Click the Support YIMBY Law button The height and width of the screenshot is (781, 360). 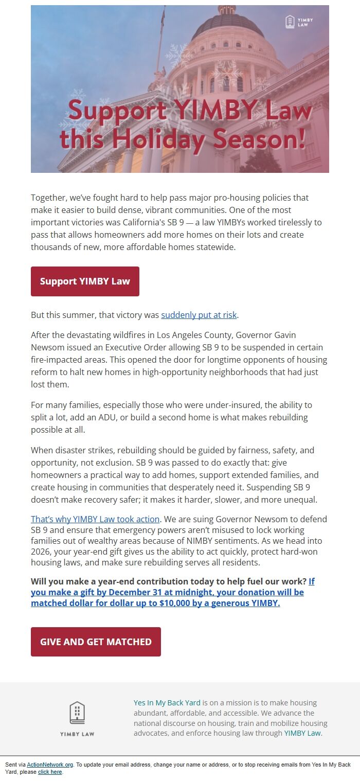(x=85, y=281)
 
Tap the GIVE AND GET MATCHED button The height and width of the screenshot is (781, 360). (x=96, y=642)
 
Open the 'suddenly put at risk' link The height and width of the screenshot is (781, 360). (x=199, y=315)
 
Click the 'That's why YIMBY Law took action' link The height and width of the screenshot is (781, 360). (x=95, y=519)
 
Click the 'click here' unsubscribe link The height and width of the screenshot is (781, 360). (x=50, y=772)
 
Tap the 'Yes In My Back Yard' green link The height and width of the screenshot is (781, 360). (x=167, y=703)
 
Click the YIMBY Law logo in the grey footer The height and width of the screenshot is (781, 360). (x=77, y=718)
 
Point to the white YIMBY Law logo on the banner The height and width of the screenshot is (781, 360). (x=299, y=22)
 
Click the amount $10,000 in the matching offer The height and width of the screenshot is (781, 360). (x=178, y=603)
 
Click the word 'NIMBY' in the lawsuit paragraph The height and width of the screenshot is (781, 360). (x=214, y=541)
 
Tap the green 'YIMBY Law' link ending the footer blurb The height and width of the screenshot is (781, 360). (x=302, y=733)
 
